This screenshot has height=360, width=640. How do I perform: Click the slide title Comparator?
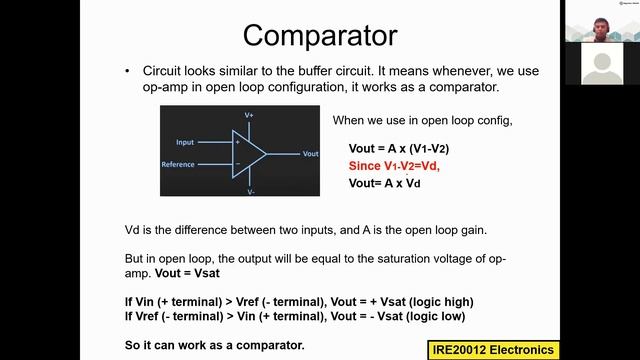[x=320, y=35]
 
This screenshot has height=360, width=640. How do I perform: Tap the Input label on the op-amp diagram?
[x=185, y=142]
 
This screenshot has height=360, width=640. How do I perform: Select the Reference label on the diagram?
[x=178, y=164]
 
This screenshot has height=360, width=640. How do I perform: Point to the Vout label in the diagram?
[x=310, y=154]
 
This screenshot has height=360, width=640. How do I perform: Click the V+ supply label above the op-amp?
[x=250, y=116]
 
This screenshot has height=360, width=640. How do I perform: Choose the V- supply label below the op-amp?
[x=250, y=190]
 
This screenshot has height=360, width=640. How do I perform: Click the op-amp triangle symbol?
[x=249, y=153]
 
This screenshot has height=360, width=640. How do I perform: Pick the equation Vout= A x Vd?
[x=385, y=184]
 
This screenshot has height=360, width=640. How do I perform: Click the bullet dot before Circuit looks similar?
[x=128, y=72]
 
